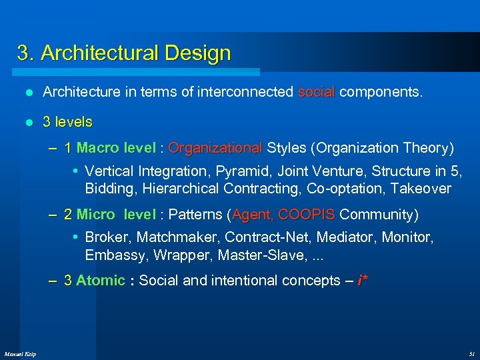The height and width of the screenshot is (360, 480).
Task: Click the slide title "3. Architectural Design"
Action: (x=124, y=53)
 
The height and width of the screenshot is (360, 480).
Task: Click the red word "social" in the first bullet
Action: (x=317, y=91)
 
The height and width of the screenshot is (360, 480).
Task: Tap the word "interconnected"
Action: (x=246, y=91)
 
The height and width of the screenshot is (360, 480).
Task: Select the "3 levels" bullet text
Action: (x=67, y=122)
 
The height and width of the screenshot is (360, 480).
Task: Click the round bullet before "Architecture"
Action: (x=28, y=92)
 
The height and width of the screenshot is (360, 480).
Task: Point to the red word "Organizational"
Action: (x=215, y=147)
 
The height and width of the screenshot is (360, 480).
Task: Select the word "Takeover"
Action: (x=421, y=189)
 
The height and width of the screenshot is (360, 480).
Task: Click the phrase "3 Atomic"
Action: (x=94, y=281)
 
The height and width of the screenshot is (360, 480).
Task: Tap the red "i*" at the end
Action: (x=362, y=281)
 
